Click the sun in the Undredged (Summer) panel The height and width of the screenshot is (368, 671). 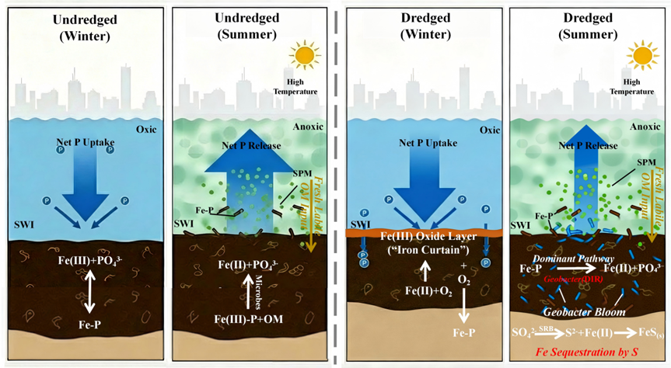pyautogui.click(x=303, y=55)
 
